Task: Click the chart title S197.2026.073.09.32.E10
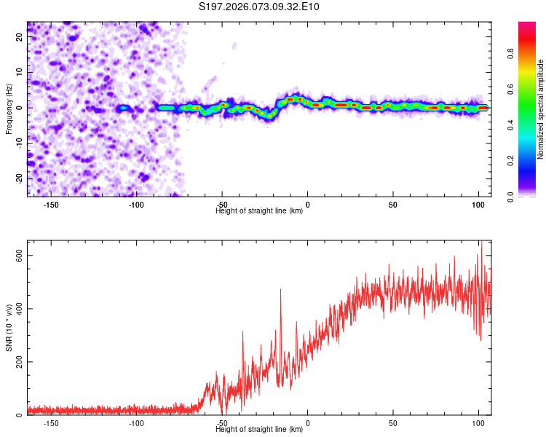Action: click(x=259, y=7)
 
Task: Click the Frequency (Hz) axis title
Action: click(x=9, y=109)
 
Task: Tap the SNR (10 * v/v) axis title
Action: click(x=9, y=331)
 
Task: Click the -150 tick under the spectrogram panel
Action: click(x=52, y=205)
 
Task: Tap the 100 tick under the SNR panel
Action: click(x=478, y=423)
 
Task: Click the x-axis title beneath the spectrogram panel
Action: click(x=259, y=211)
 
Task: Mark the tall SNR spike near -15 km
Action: click(x=280, y=291)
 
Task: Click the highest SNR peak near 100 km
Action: click(x=481, y=243)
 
